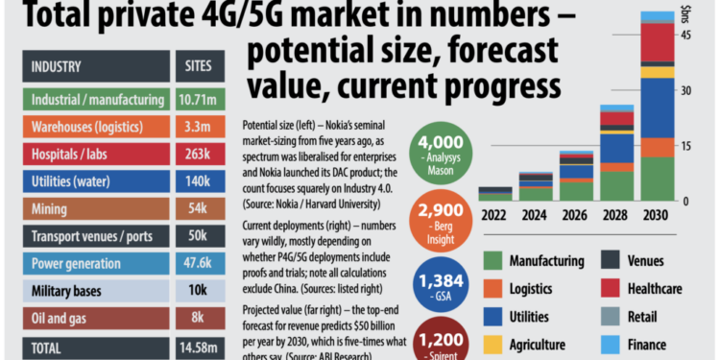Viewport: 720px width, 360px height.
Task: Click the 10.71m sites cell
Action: pos(202,99)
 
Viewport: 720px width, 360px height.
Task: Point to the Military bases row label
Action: pos(69,291)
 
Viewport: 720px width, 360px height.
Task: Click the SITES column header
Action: pos(202,68)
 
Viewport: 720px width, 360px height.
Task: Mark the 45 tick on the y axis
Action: pos(685,36)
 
